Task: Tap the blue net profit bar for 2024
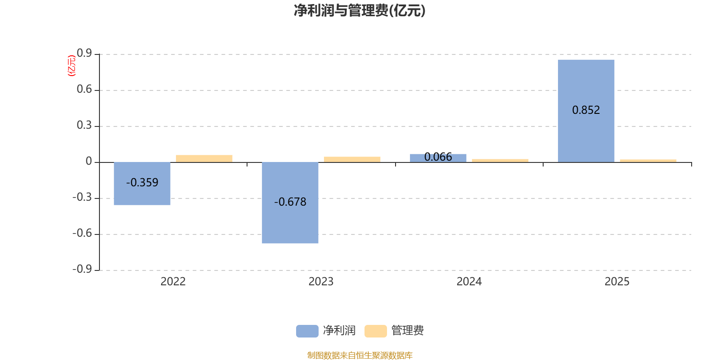(438, 158)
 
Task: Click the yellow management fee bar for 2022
(204, 158)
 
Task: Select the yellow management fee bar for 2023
(352, 159)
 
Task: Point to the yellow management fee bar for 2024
(500, 160)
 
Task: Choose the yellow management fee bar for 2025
(648, 161)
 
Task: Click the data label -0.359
(142, 183)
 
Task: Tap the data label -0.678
(290, 202)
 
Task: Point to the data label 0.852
(586, 110)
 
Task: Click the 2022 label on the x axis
(173, 282)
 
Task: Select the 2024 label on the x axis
(469, 282)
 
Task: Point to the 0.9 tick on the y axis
(85, 54)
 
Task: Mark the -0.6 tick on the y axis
(82, 233)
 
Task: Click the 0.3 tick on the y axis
(85, 126)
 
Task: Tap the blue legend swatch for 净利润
(307, 331)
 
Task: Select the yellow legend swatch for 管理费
(375, 331)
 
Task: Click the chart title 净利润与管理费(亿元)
(360, 10)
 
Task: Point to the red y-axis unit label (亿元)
(71, 66)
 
